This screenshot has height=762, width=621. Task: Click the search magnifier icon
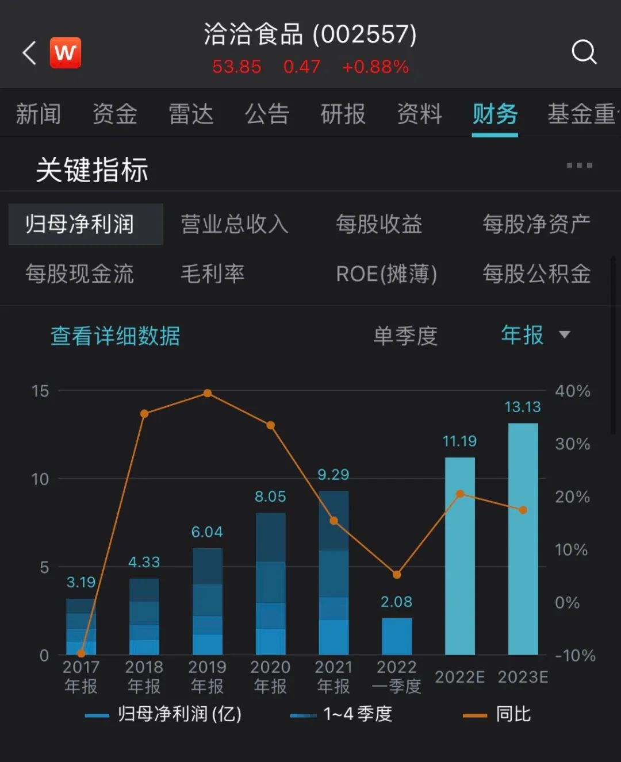[x=584, y=52]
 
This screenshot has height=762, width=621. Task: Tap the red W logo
[x=66, y=53]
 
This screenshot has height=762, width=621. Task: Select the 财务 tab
[x=494, y=114]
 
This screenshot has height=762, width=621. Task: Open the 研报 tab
[x=343, y=114]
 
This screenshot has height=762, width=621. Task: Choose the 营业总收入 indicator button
[x=235, y=224]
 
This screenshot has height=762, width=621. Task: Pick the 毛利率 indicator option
[x=212, y=274]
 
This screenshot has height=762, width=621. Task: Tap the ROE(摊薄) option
[x=386, y=274]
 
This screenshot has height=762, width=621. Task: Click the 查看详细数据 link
[x=115, y=336]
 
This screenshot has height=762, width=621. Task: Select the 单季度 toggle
[x=405, y=336]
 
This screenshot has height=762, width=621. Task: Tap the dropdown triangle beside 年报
[x=565, y=334]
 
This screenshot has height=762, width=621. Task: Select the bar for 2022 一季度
[x=397, y=636]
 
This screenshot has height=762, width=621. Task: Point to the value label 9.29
[x=333, y=475]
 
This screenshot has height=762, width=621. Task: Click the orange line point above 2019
[x=208, y=394]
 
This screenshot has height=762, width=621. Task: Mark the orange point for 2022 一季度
[x=397, y=574]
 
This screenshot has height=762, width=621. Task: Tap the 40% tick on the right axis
[x=572, y=391]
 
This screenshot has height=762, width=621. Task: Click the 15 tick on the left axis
[x=40, y=391]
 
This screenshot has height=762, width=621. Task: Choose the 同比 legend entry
[x=498, y=714]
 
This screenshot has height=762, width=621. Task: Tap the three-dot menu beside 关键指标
[x=579, y=166]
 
